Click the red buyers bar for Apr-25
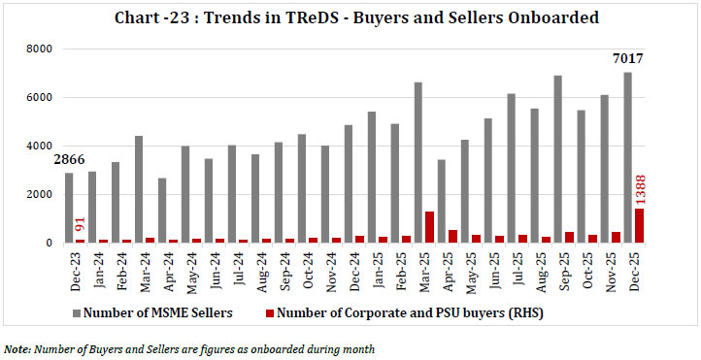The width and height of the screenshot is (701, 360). [x=452, y=236]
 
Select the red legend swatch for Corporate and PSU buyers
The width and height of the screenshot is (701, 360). [x=270, y=313]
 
